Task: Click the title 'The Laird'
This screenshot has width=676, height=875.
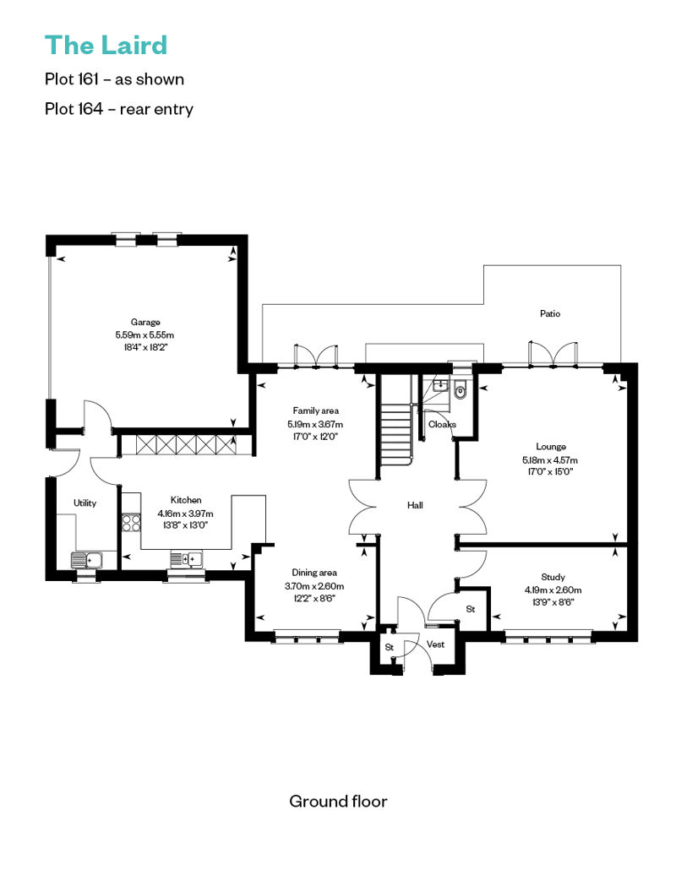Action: click(106, 46)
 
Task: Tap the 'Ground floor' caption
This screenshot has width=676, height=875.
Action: click(338, 802)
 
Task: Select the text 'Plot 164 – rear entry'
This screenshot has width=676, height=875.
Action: click(119, 108)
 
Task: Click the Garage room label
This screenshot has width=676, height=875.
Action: click(145, 322)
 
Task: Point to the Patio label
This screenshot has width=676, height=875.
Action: click(550, 313)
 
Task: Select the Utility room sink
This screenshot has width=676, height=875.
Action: click(86, 559)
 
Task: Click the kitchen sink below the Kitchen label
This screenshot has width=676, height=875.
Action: click(187, 558)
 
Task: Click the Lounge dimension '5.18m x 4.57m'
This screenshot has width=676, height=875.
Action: click(550, 459)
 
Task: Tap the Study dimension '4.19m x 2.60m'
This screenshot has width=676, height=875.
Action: click(553, 590)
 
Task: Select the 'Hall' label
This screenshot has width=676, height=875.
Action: click(415, 505)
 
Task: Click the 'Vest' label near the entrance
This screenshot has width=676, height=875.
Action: click(435, 644)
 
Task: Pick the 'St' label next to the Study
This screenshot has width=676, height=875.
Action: click(471, 609)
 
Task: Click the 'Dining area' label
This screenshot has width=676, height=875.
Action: click(314, 573)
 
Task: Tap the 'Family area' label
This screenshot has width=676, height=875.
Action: click(315, 410)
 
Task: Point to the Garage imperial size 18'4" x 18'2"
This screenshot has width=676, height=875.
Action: click(145, 347)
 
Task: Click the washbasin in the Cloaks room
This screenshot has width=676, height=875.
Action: click(440, 384)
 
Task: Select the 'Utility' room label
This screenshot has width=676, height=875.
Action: click(84, 503)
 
